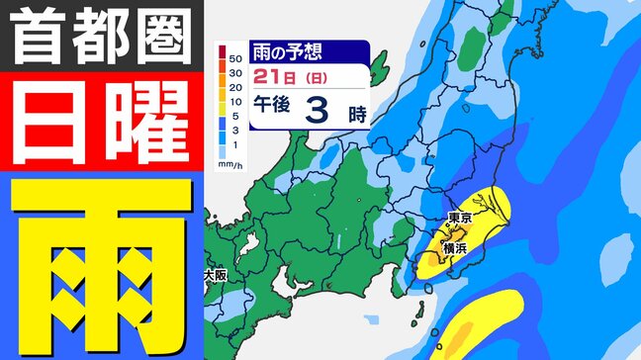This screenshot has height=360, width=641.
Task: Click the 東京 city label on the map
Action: pos(458,217)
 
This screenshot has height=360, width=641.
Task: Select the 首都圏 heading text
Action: pos(102,39)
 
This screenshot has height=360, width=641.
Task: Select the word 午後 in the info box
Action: pos(271,113)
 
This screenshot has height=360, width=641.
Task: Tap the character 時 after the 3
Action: pos(357,114)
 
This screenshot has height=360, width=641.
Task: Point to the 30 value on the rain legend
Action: pos(234,73)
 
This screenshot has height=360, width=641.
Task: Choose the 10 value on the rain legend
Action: pos(234,101)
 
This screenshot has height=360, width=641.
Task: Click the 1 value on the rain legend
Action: pos(234,144)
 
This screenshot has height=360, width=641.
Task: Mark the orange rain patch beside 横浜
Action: pos(440,255)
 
